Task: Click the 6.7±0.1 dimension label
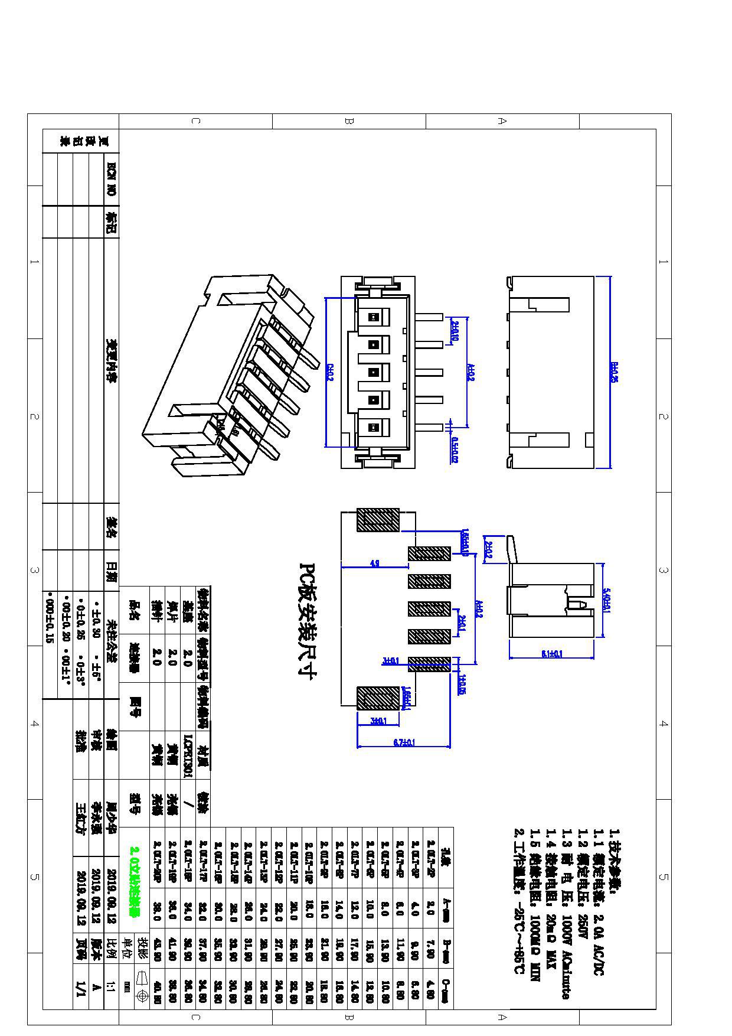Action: pyautogui.click(x=404, y=742)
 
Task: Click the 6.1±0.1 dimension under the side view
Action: pyautogui.click(x=551, y=654)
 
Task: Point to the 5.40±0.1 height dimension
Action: pyautogui.click(x=606, y=600)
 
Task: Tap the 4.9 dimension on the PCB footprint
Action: pyautogui.click(x=374, y=563)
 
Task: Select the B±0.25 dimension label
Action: pyautogui.click(x=614, y=372)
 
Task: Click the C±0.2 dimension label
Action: pyautogui.click(x=329, y=372)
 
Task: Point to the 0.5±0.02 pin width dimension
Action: pyautogui.click(x=454, y=449)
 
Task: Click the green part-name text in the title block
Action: pyautogui.click(x=135, y=882)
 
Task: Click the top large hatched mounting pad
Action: pyautogui.click(x=378, y=520)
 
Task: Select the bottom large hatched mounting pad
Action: pyautogui.click(x=378, y=697)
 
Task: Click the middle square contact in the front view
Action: pyautogui.click(x=373, y=372)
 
